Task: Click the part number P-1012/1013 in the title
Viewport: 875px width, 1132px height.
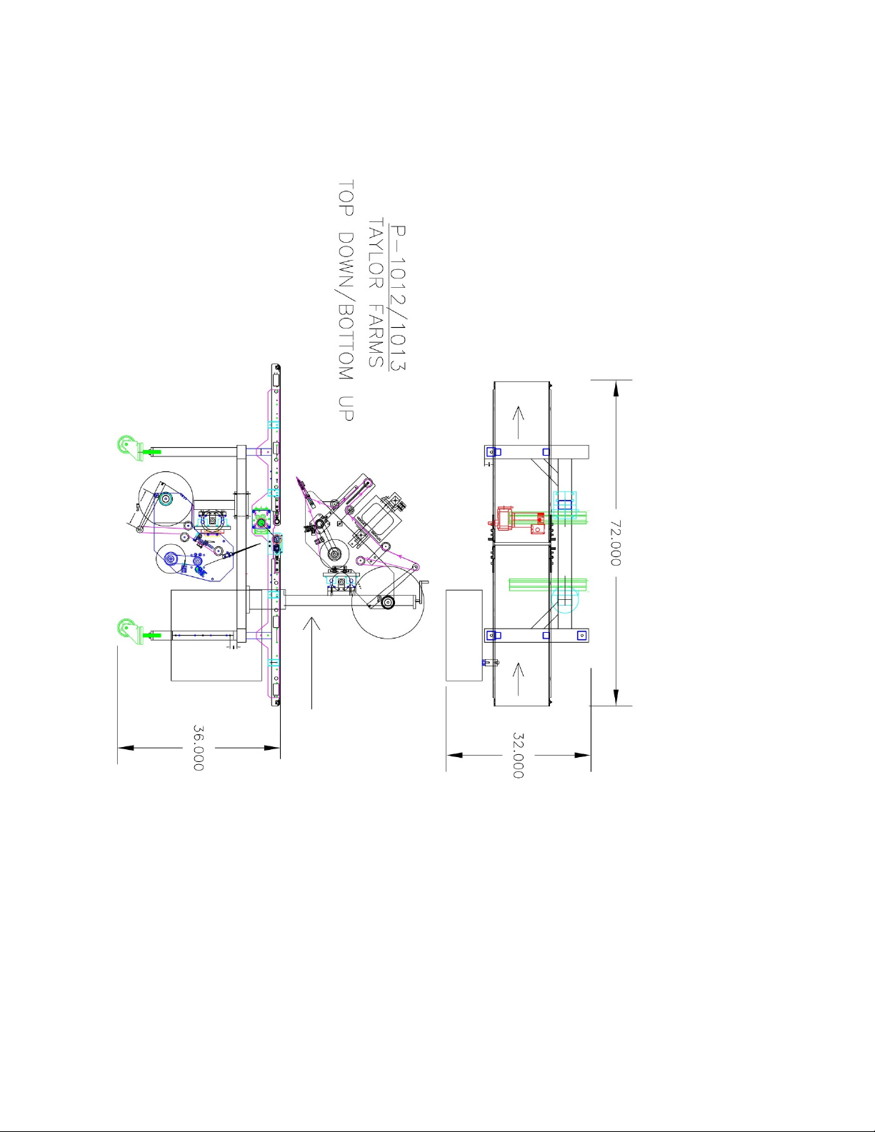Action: point(398,297)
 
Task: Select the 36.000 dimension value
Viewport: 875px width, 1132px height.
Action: point(199,748)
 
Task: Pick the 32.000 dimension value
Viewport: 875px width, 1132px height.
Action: point(518,756)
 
